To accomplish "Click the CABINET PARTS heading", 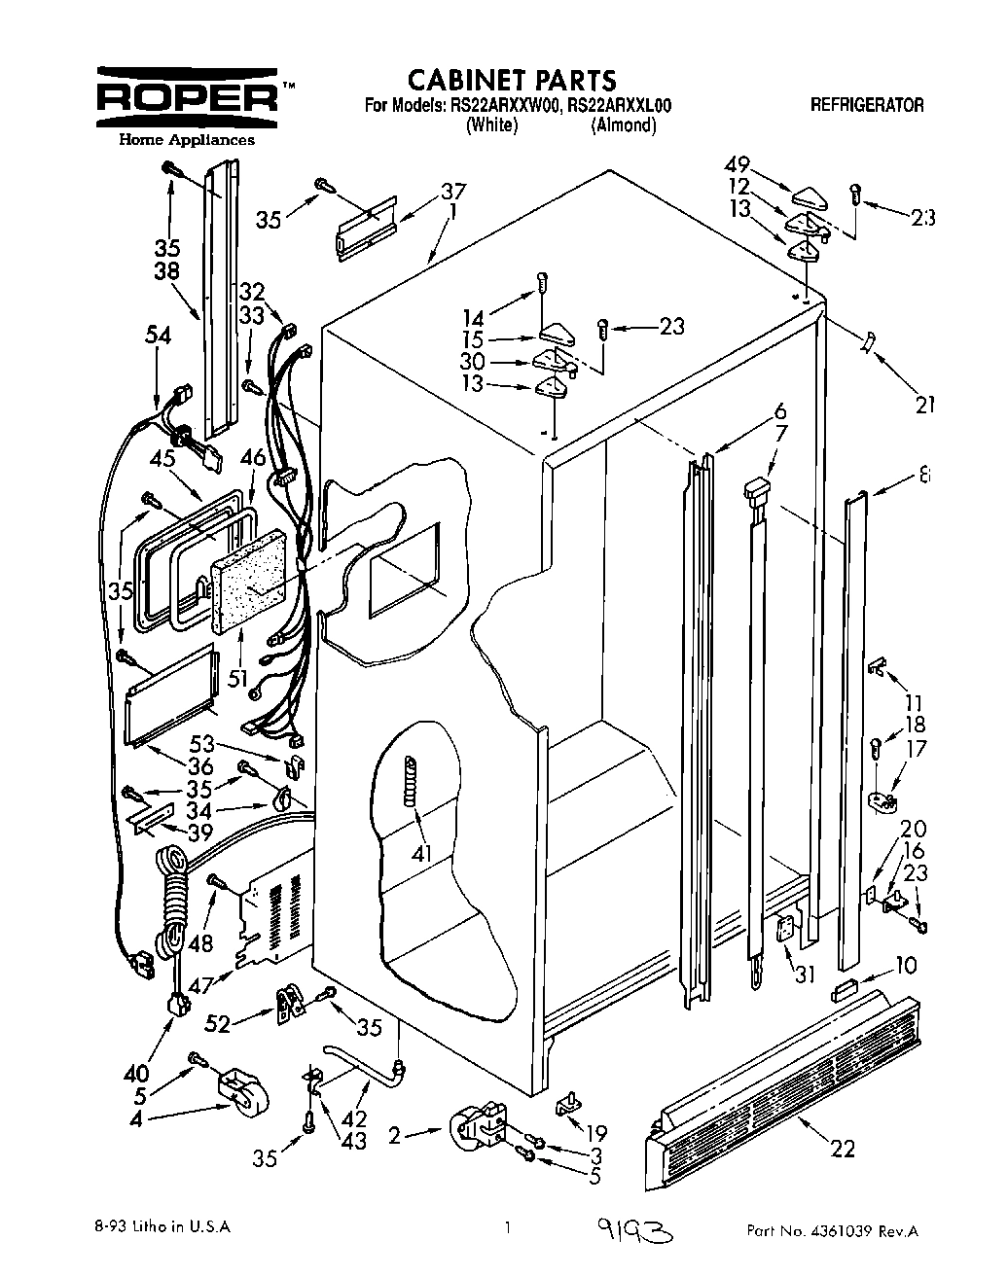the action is point(511,79).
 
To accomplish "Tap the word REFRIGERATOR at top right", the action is point(866,106).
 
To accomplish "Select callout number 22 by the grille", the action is point(843,1149).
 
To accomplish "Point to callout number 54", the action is point(158,336).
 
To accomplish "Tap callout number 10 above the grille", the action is point(905,966).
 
